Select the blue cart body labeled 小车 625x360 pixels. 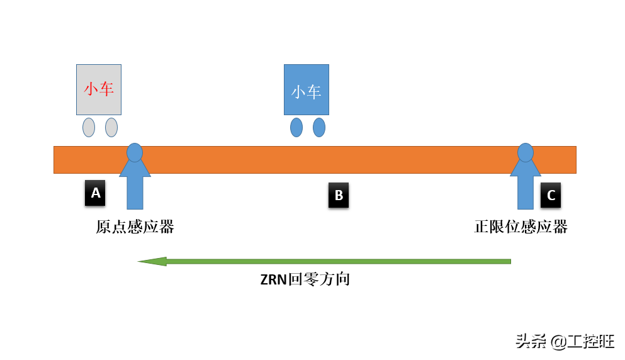[x=307, y=89]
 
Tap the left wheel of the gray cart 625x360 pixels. [x=89, y=127]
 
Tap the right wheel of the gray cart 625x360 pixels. [x=111, y=127]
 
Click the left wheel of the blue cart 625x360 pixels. [x=296, y=127]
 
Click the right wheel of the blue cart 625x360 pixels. [x=319, y=127]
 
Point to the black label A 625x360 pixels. [x=95, y=193]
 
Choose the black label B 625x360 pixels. [x=339, y=195]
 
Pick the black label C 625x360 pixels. [x=551, y=195]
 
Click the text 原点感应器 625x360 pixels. [x=135, y=227]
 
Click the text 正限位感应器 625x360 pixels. [x=521, y=227]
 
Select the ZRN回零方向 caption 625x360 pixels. [x=305, y=279]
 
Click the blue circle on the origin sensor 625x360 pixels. [x=135, y=152]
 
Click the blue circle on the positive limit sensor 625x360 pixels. [x=526, y=152]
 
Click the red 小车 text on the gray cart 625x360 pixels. [x=99, y=89]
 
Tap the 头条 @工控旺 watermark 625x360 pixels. [x=565, y=341]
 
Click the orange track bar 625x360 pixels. [x=315, y=160]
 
